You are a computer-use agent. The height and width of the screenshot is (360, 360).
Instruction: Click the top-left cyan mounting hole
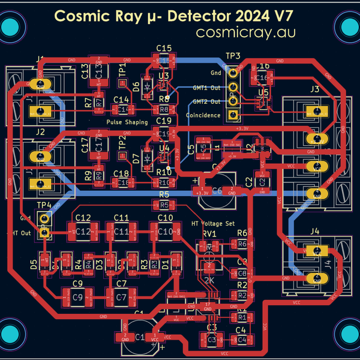coord(12,26)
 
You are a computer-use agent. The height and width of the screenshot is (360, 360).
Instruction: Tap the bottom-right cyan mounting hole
coord(348,332)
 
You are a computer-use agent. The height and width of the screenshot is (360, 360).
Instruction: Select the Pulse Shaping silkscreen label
coord(127,122)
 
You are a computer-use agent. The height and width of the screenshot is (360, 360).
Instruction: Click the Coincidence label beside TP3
coord(203,116)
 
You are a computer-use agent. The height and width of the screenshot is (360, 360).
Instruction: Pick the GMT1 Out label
coord(206,88)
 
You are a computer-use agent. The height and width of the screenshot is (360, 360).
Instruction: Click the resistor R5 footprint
coord(164,205)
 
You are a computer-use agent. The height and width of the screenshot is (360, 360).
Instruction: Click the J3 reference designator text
coord(314,89)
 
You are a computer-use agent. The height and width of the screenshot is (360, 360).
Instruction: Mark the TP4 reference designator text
coord(44,205)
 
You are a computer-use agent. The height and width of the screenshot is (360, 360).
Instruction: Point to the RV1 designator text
coord(208,234)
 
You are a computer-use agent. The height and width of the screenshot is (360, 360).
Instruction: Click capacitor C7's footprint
coord(121,296)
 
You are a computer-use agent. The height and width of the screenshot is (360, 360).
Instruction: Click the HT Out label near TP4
coord(18,233)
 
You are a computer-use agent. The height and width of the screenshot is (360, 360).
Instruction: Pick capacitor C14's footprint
coord(122,110)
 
